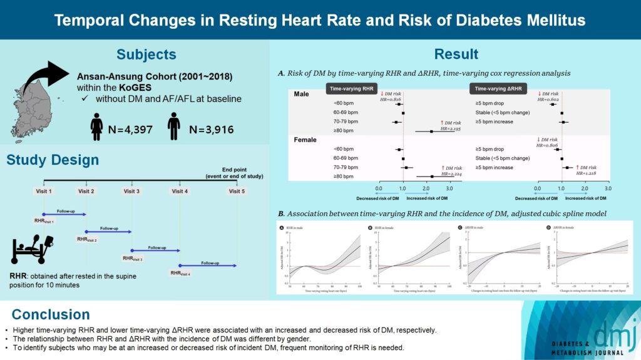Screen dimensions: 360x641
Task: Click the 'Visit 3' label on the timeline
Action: (132, 191)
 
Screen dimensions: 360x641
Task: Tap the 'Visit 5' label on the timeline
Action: (237, 191)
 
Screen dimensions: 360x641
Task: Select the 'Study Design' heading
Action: (53, 160)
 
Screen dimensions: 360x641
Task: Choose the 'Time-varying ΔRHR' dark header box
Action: (501, 90)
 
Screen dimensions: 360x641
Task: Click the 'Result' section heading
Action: (456, 54)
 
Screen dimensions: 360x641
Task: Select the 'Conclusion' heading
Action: (51, 314)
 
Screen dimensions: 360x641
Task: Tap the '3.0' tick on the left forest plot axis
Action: (449, 188)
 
